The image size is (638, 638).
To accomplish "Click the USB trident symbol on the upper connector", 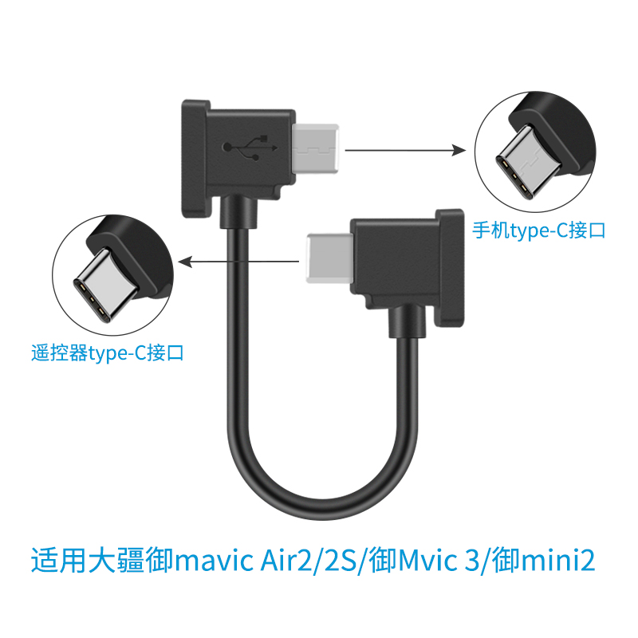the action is click(250, 148).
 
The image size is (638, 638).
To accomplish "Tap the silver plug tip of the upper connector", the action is click(316, 148).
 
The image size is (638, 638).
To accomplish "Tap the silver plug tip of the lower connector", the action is click(329, 258).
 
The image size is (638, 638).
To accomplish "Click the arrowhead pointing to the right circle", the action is click(459, 150).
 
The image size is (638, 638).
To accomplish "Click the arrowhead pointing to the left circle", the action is click(185, 262).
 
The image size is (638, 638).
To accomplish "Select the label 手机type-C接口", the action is click(539, 230).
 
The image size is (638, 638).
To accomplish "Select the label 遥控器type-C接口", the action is click(108, 352).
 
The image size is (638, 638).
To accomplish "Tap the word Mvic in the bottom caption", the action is click(427, 561).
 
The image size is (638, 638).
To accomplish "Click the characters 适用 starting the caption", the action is click(59, 561).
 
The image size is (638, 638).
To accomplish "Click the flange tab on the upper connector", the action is click(195, 159).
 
